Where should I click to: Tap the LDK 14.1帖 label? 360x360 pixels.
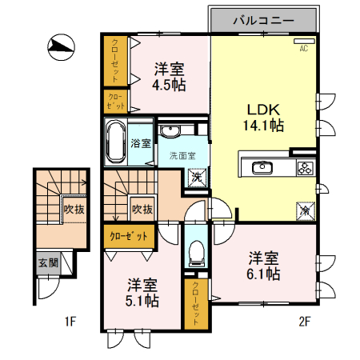point(263,117)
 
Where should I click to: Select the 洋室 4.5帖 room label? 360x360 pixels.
point(170,77)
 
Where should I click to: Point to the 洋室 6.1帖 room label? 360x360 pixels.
point(263,266)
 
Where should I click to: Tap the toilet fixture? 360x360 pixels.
point(194,254)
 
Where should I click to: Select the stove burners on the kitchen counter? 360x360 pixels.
point(305,168)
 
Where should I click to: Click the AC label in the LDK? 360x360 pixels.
point(303,49)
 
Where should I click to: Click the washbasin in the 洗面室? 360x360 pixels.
point(170,131)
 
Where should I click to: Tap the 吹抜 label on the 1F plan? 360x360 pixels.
point(74,210)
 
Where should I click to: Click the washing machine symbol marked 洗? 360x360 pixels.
point(198,177)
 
